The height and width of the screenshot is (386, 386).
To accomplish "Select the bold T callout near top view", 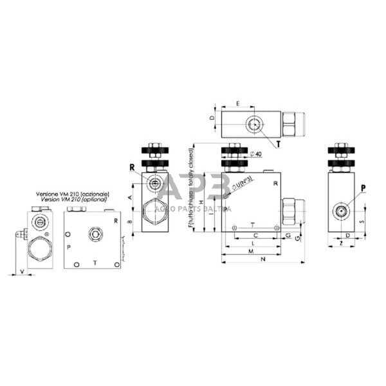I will coord(278,145).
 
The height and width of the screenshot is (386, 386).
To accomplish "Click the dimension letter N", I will coord(264,260).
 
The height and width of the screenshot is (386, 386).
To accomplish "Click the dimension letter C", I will coord(255,235).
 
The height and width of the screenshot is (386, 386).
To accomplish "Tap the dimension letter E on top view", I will coord(238,103).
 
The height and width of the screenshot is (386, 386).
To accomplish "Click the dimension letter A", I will coord(131,197).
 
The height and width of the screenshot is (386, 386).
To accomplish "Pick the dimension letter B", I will coord(131,222).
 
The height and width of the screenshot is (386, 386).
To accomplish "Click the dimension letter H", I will coord(200,202).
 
